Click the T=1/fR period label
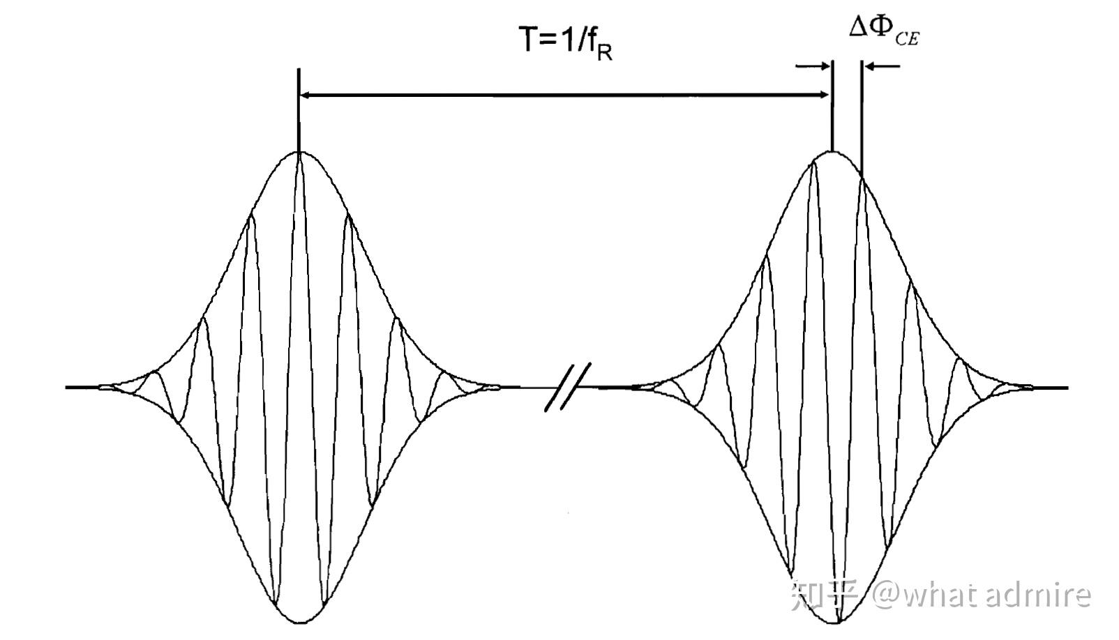pos(564,41)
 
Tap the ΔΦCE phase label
pos(883,31)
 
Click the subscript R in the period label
pos(604,52)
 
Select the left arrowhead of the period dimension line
pos(307,94)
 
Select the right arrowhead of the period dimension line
pos(825,94)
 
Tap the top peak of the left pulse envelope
pos(299,152)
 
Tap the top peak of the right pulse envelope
pos(832,152)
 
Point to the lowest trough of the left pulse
pos(301,620)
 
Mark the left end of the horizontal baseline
pos(68,387)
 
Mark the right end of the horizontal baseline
pos(1066,387)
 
